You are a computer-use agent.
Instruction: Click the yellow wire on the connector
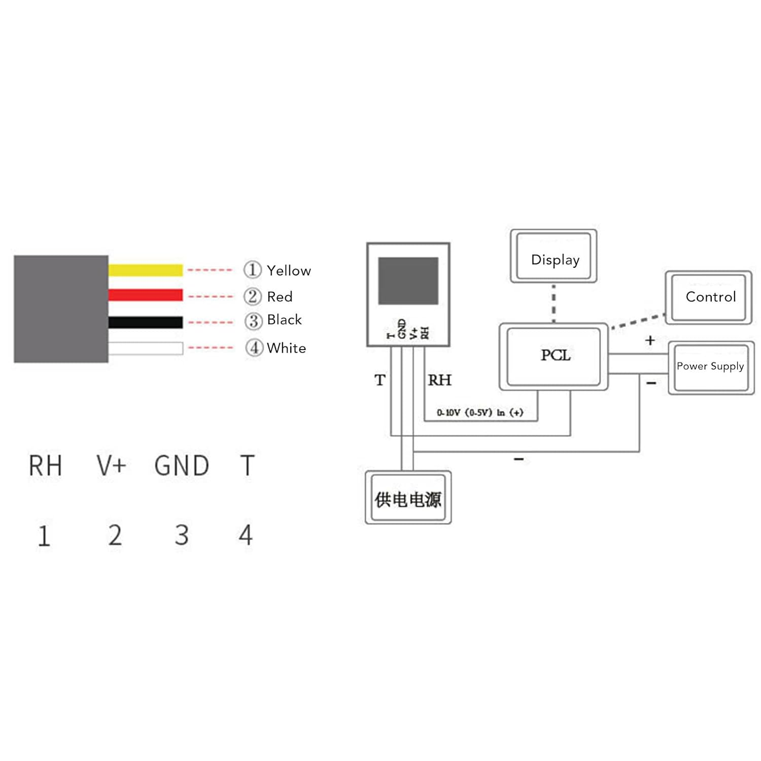pyautogui.click(x=145, y=270)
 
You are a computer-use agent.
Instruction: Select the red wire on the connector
pyautogui.click(x=145, y=295)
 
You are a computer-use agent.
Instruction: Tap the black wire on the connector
pyautogui.click(x=145, y=322)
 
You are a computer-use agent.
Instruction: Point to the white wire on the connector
pyautogui.click(x=145, y=348)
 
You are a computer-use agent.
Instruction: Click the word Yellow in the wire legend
pyautogui.click(x=289, y=270)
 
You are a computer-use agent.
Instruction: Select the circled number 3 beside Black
pyautogui.click(x=253, y=321)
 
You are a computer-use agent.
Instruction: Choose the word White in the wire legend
pyautogui.click(x=286, y=348)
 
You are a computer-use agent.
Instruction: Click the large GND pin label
pyautogui.click(x=182, y=466)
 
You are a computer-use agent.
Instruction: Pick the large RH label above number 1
pyautogui.click(x=45, y=466)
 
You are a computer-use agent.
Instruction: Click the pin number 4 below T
pyautogui.click(x=246, y=535)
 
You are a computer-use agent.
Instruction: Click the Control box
pyautogui.click(x=709, y=297)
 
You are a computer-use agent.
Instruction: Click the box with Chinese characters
pyautogui.click(x=408, y=498)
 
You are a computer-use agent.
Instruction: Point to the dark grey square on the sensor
pyautogui.click(x=408, y=281)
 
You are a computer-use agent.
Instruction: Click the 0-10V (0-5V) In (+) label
pyautogui.click(x=479, y=412)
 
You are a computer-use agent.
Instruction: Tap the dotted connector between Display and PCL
pyautogui.click(x=554, y=303)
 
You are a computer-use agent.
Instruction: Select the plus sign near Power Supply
pyautogui.click(x=650, y=340)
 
